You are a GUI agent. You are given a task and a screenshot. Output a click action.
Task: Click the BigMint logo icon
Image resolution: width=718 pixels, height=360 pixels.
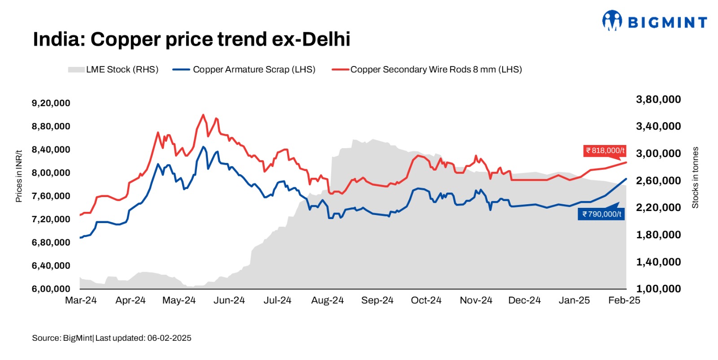[x=612, y=21]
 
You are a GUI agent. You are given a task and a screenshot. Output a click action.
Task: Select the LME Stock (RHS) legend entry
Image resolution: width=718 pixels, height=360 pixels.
[x=113, y=70]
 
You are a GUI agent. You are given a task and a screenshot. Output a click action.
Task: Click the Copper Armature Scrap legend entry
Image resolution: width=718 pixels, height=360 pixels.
[x=244, y=70]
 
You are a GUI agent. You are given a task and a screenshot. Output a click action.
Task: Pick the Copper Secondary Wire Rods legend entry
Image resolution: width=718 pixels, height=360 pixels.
[x=427, y=70]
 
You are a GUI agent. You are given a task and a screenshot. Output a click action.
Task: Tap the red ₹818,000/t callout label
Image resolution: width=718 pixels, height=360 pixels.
[x=605, y=151]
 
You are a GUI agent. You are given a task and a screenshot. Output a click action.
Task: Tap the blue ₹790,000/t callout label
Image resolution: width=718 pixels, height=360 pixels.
[x=601, y=214]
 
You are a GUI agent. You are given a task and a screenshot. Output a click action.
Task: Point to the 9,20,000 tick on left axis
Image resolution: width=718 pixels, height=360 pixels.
[x=51, y=103]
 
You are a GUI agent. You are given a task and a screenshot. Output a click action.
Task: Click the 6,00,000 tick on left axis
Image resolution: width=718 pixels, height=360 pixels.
[x=51, y=289]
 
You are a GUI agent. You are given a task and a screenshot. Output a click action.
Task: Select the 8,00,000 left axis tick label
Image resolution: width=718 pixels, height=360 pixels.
[x=51, y=173]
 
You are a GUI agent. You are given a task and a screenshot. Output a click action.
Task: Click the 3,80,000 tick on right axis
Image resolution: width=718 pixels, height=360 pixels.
[x=658, y=99]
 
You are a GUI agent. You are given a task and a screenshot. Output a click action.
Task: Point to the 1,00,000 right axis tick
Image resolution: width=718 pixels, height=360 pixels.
[x=658, y=289]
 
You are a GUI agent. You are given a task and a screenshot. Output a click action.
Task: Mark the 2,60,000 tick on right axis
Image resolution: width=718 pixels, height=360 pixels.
[x=658, y=180]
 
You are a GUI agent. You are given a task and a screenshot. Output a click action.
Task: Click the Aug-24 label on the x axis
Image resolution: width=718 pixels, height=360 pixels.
[x=327, y=300]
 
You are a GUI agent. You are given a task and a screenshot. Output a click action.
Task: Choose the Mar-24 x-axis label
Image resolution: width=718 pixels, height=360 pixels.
[x=81, y=300]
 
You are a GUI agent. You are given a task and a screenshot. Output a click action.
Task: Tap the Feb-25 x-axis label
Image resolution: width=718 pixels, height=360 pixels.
[x=624, y=300]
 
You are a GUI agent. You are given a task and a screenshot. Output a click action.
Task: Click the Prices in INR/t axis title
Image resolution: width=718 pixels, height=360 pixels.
[x=19, y=176]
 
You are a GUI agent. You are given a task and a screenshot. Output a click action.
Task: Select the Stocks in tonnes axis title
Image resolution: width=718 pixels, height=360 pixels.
[x=695, y=177]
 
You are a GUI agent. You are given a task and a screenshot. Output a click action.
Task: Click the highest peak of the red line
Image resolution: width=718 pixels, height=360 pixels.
[x=203, y=115]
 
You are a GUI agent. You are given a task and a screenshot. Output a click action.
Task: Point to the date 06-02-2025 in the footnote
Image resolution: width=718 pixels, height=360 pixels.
[x=169, y=338]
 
